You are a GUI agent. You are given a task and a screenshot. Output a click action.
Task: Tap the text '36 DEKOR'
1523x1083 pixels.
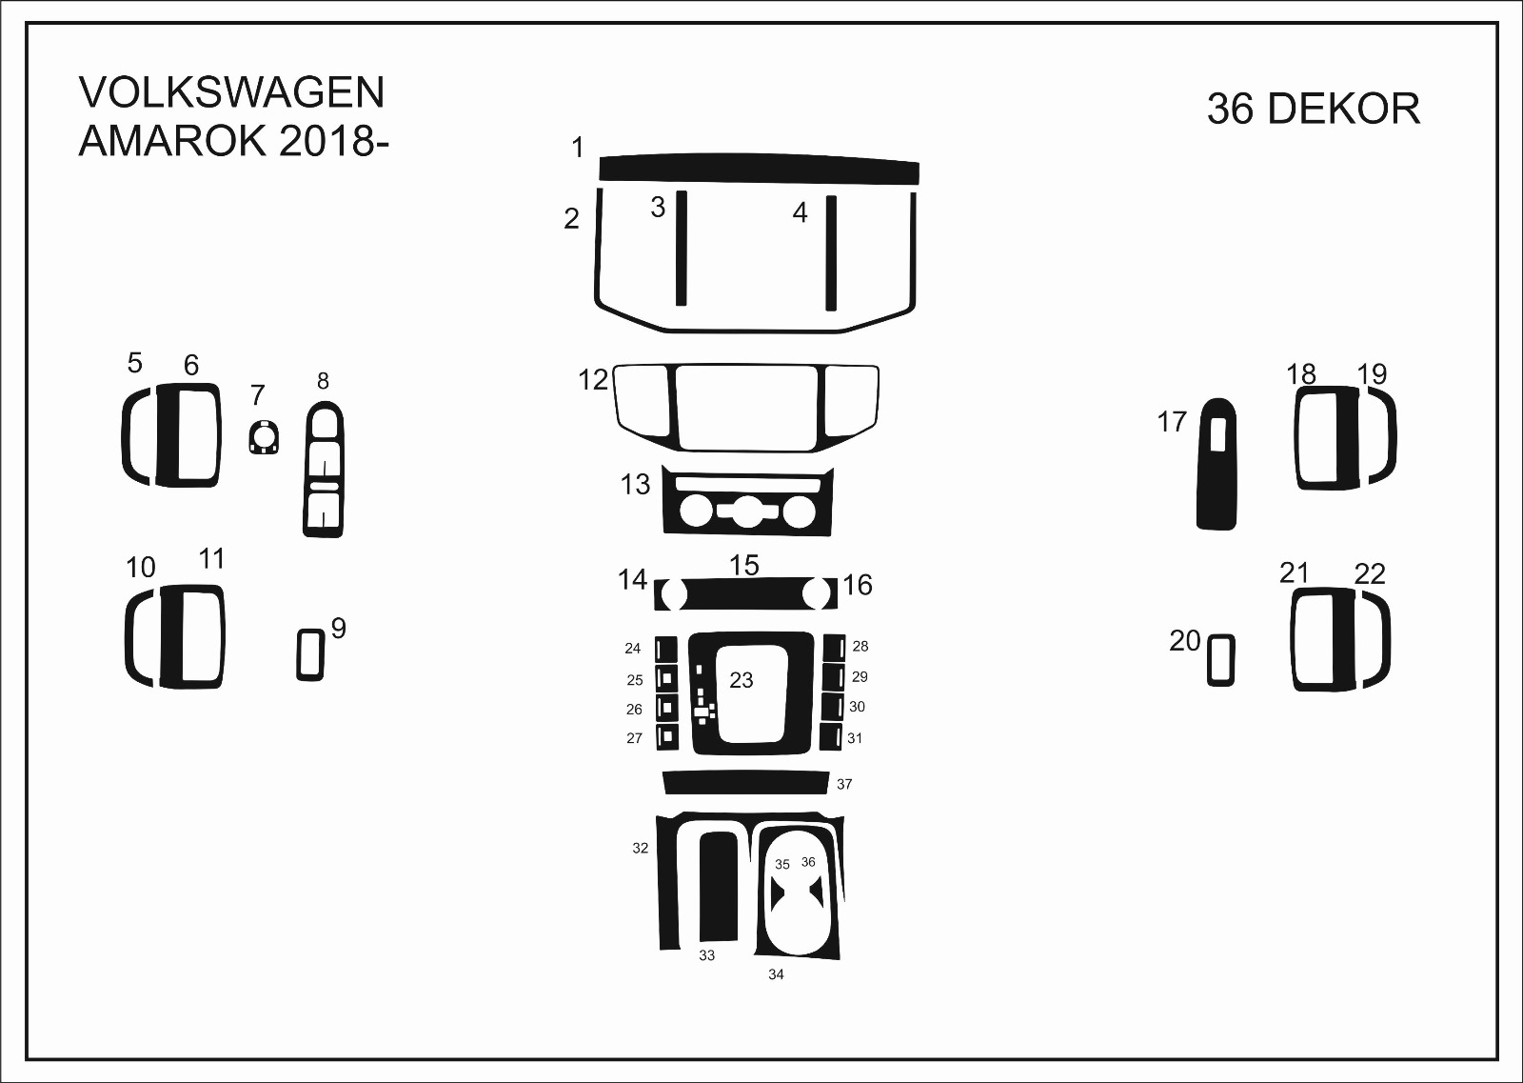click(x=1314, y=109)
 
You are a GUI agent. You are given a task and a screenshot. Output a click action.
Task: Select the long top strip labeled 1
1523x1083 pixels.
click(x=759, y=170)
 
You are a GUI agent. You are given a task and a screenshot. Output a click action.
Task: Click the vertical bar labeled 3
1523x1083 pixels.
click(x=682, y=249)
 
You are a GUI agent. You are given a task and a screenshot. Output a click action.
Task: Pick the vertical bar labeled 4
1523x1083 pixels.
click(x=831, y=253)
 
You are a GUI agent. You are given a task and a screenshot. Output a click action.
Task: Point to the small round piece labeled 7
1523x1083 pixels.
click(x=263, y=437)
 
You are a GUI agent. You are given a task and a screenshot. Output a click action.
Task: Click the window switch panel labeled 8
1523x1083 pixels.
click(x=324, y=470)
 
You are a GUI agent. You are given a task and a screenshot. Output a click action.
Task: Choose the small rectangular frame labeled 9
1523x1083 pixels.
click(x=310, y=654)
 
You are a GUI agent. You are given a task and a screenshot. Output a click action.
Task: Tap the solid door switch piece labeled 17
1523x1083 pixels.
click(x=1216, y=464)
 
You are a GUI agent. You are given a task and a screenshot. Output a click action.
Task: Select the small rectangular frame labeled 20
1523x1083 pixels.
click(x=1221, y=660)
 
